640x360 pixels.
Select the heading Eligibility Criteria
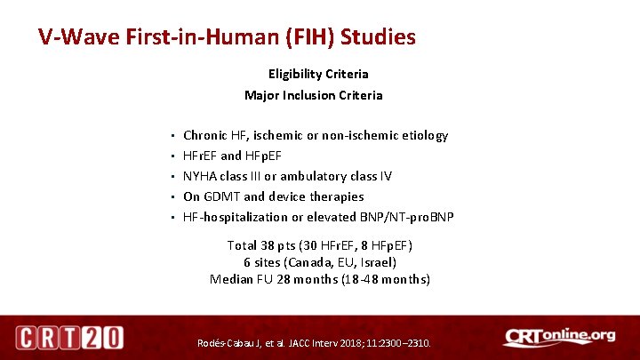point(318,74)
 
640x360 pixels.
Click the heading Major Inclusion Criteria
point(314,95)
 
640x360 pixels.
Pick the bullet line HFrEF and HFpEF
point(232,156)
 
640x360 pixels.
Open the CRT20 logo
point(69,338)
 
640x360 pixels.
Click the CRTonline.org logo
point(558,337)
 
